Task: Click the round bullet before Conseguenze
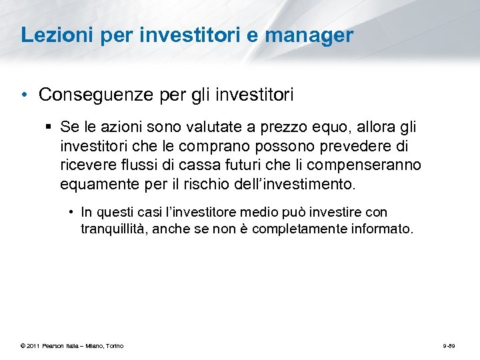[x=24, y=95]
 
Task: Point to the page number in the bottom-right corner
[x=448, y=345]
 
